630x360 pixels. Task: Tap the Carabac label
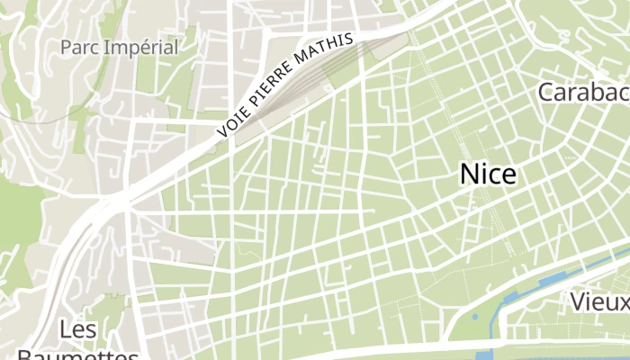582,92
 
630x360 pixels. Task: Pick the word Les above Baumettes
78,330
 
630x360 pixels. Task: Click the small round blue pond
475,317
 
